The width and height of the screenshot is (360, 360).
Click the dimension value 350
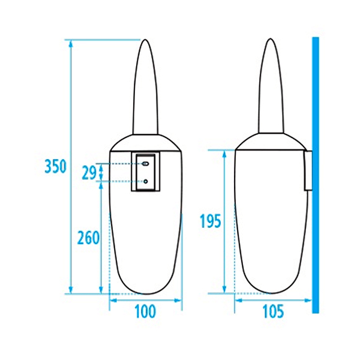(55, 166)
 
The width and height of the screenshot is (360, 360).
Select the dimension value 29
(89, 173)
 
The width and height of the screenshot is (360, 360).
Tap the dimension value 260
(88, 238)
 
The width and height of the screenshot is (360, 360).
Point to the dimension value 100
(146, 311)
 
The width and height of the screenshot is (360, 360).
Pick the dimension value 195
(211, 221)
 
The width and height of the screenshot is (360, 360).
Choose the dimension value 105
(273, 311)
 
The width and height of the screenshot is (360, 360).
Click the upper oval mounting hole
(146, 164)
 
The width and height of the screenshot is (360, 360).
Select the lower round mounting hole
(146, 181)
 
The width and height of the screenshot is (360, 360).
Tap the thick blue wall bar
(316, 175)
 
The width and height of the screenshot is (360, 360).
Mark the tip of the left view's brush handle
(145, 40)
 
